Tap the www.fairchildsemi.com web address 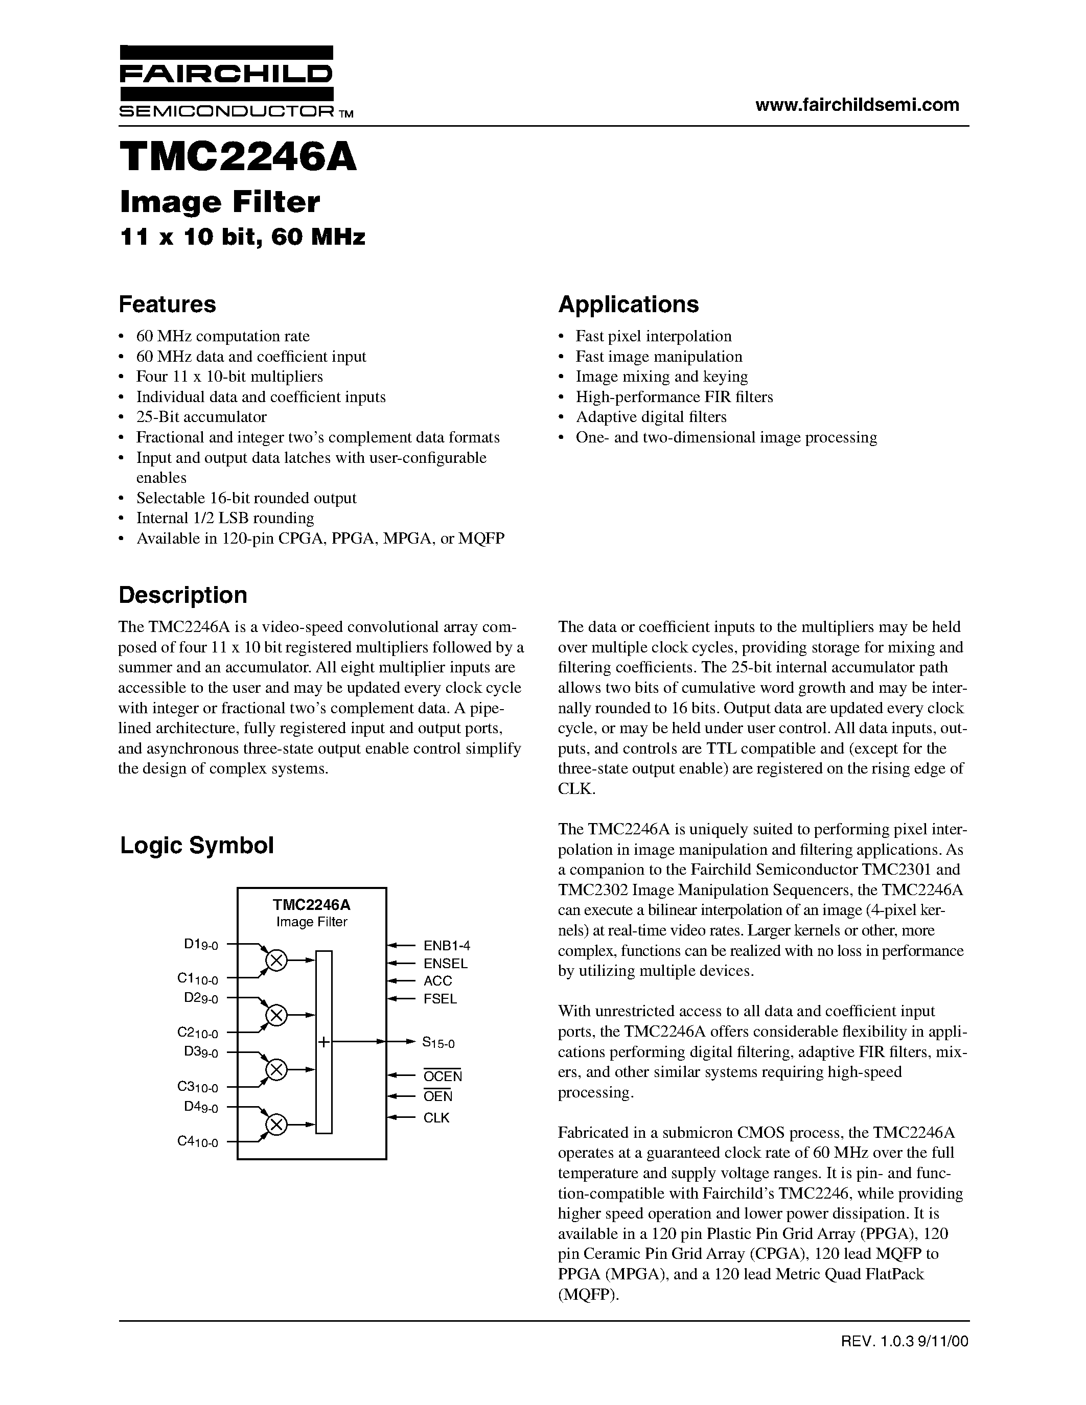pos(857,105)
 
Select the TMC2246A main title pos(238,157)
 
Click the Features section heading pos(167,305)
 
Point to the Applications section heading pos(628,305)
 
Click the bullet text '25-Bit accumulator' pos(201,417)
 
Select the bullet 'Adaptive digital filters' pos(651,417)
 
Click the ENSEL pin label pos(445,964)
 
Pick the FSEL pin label pos(440,999)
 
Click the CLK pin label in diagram pos(436,1118)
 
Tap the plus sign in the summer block pos(324,1042)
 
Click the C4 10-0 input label pos(197,1142)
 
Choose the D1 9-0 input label pos(201,944)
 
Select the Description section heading pos(183,595)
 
